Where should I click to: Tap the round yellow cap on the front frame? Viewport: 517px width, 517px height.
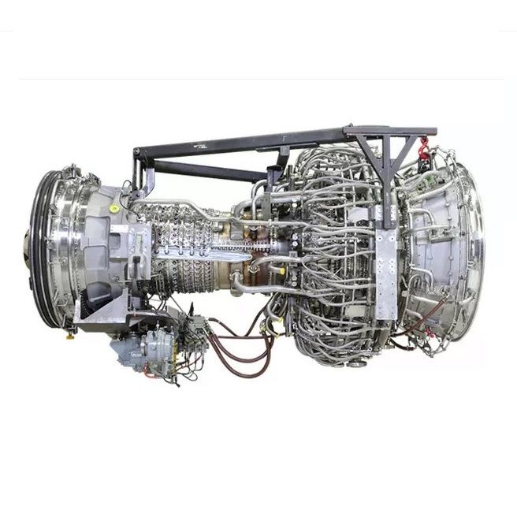tap(114, 208)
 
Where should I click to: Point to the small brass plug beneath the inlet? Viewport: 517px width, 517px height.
tap(71, 333)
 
